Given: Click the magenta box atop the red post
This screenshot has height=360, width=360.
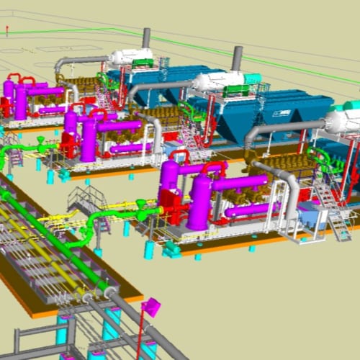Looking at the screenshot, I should (x=153, y=307).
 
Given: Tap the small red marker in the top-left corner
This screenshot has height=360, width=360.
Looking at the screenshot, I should (x=7, y=30).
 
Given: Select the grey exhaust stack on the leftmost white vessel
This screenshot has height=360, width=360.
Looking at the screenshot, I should (x=146, y=37).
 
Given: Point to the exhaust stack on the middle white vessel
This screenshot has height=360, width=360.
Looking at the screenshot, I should (x=237, y=58).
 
